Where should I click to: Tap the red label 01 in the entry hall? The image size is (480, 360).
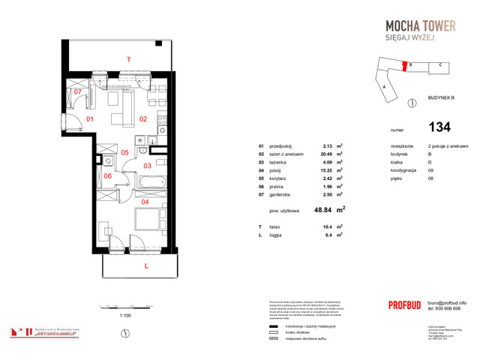pyautogui.click(x=88, y=118)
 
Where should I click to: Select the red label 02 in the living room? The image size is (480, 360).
pyautogui.click(x=143, y=118)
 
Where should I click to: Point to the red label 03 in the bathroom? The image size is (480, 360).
pyautogui.click(x=148, y=165)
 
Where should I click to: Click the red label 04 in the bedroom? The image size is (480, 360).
pyautogui.click(x=144, y=200)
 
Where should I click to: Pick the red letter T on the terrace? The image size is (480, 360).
pyautogui.click(x=128, y=58)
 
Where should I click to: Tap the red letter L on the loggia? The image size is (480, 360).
pyautogui.click(x=147, y=265)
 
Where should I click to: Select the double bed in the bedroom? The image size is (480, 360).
pyautogui.click(x=150, y=220)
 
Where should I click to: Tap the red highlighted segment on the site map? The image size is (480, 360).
pyautogui.click(x=411, y=66)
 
